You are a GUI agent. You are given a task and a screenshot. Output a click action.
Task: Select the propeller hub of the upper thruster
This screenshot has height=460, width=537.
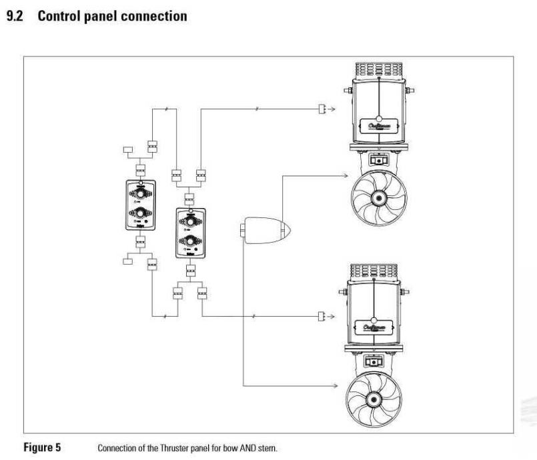tap(378, 198)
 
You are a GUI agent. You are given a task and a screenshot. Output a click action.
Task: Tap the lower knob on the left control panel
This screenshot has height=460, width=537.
tap(141, 213)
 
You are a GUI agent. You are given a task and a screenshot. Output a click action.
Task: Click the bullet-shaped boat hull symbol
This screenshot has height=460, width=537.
tap(264, 231)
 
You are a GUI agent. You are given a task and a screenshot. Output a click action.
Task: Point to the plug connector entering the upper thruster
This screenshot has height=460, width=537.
tap(322, 109)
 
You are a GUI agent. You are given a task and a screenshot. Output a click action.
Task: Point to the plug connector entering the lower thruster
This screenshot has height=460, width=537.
tap(322, 315)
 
